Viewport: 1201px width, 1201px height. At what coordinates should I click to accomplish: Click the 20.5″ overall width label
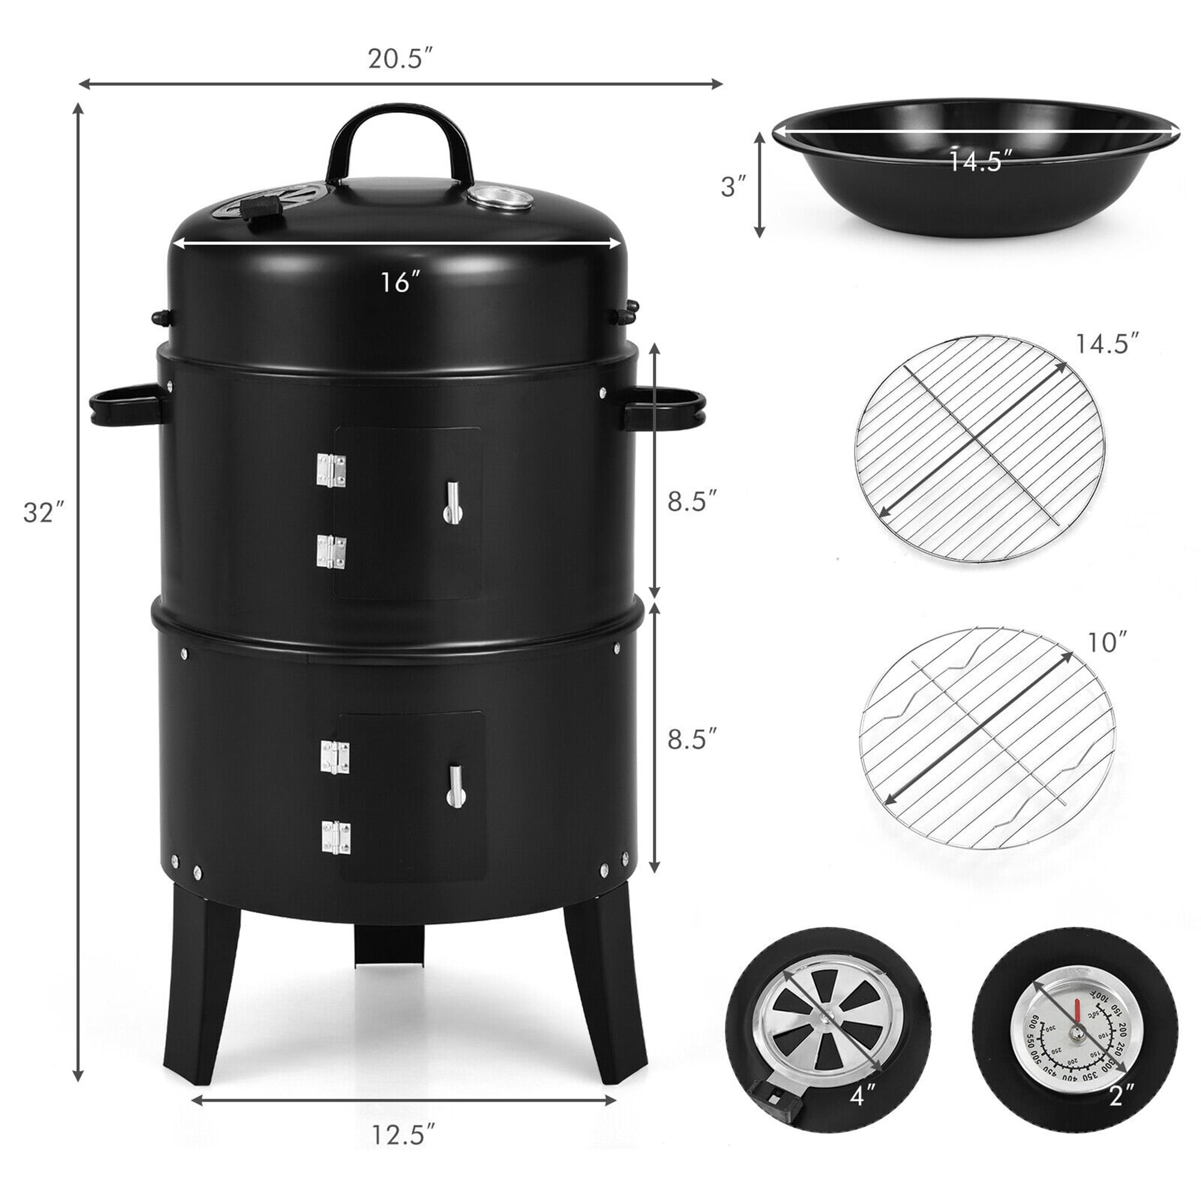point(400,59)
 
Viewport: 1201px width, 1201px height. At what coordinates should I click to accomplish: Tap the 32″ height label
point(43,513)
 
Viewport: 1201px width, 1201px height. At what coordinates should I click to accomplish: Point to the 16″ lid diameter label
point(397,283)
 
